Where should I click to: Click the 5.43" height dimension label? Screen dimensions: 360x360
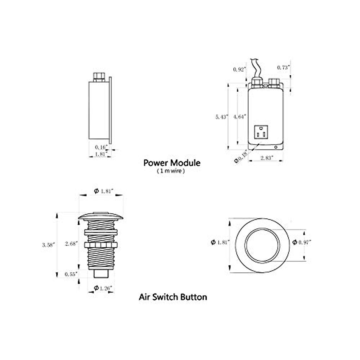(222, 117)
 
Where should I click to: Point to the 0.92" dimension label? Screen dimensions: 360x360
(240, 69)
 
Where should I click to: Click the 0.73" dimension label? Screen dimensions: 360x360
(283, 68)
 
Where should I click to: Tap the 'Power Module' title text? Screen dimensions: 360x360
(172, 163)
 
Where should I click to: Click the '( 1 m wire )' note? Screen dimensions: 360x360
(170, 171)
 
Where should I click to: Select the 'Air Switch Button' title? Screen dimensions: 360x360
(173, 297)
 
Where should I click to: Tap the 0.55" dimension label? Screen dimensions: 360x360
(71, 274)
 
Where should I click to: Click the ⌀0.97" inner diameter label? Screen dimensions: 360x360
(301, 242)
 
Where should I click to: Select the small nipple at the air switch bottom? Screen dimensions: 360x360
(101, 273)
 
